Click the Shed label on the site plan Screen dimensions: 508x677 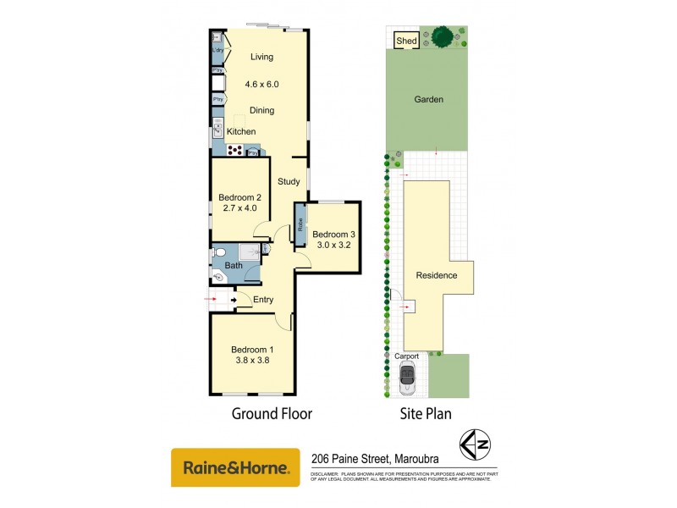click(x=406, y=40)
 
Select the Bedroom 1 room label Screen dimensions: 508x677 click(x=253, y=350)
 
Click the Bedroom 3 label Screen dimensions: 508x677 click(x=331, y=234)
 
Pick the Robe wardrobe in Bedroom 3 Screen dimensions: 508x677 click(x=300, y=224)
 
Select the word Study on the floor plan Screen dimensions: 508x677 click(x=289, y=181)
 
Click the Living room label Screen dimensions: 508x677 click(x=262, y=58)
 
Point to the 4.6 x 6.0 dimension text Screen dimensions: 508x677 click(x=261, y=85)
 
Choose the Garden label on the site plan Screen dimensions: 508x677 click(x=429, y=100)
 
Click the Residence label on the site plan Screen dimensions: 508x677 click(x=436, y=275)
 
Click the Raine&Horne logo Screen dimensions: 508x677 click(x=235, y=467)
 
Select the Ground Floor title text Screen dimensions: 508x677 click(x=272, y=414)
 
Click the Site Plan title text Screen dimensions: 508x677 click(x=425, y=414)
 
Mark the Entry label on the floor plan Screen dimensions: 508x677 click(x=263, y=299)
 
